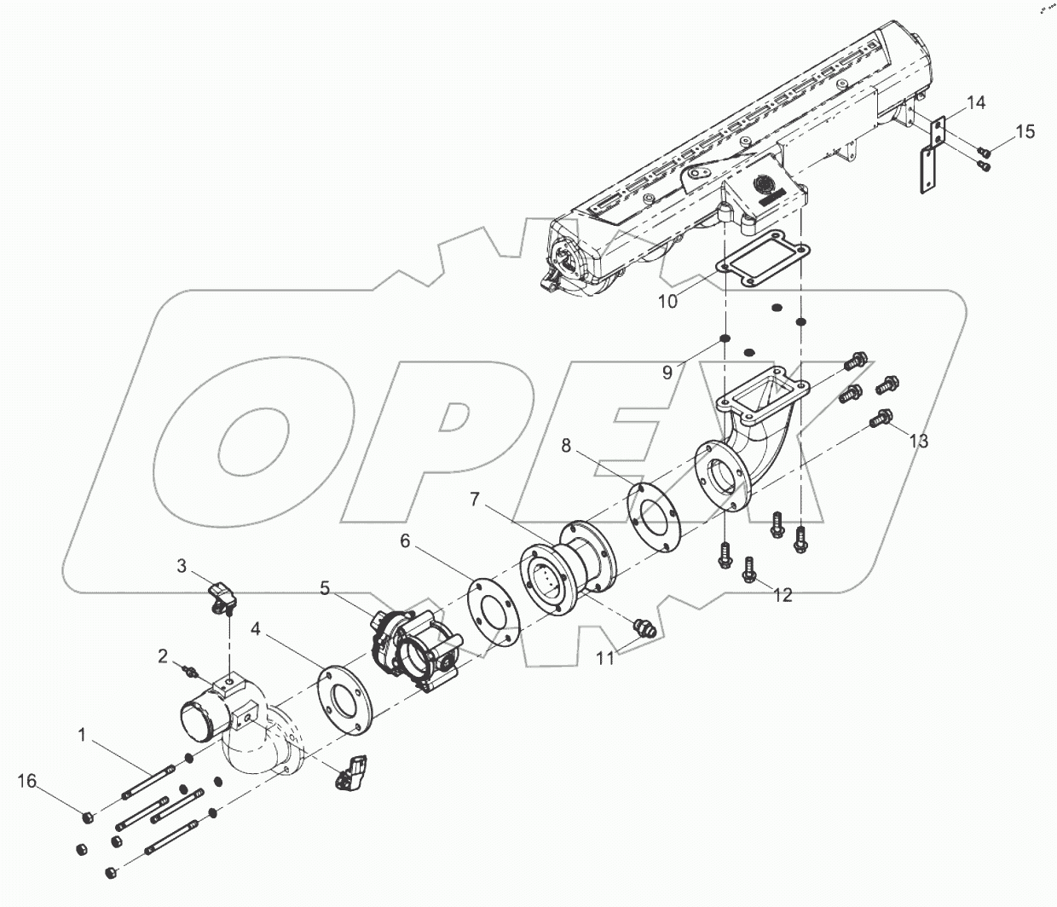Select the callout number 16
[27, 781]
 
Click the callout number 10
[668, 301]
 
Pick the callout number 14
[976, 103]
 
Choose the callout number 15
[1025, 131]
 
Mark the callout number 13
[918, 441]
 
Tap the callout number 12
[783, 595]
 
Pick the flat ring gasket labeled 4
[345, 701]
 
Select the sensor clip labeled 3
[223, 593]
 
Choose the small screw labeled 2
[190, 673]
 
